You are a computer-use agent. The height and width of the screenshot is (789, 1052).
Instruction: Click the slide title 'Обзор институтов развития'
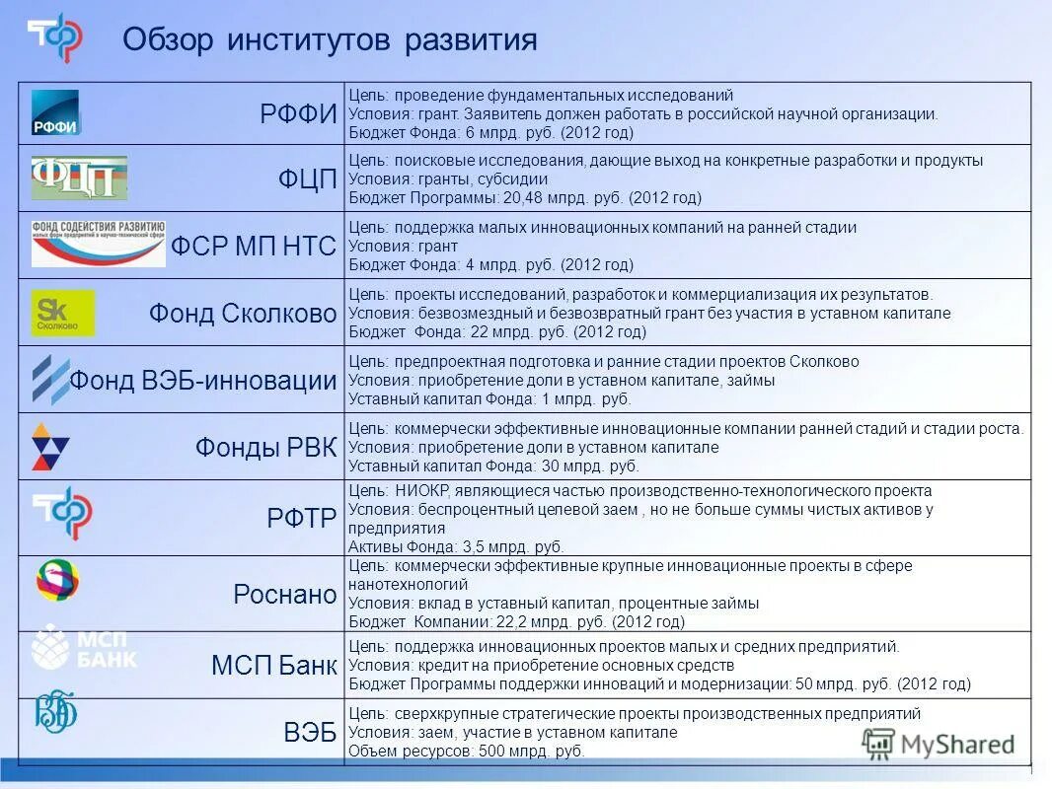330,40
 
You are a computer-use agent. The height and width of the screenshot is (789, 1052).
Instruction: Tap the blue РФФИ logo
55,112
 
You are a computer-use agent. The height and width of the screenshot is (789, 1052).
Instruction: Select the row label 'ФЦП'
308,179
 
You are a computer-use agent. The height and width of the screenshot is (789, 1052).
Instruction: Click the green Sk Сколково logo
63,313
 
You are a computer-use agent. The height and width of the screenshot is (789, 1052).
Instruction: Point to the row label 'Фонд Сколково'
243,314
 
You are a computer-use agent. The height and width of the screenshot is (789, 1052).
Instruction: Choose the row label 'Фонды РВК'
266,447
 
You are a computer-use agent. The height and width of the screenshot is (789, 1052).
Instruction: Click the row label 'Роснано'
285,594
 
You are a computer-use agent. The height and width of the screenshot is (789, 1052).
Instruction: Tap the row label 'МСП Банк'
273,666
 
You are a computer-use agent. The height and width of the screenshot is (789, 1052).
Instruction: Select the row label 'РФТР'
302,518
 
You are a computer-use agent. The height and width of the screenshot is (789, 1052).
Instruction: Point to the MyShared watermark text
956,745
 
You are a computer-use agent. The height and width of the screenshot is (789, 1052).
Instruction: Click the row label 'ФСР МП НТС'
254,246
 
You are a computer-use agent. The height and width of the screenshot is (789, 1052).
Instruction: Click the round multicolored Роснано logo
58,580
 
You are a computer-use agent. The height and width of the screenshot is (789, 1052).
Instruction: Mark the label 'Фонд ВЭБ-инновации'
202,380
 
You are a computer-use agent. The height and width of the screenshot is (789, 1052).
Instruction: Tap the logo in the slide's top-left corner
55,36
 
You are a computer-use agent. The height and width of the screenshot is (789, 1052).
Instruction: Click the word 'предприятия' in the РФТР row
389,528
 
